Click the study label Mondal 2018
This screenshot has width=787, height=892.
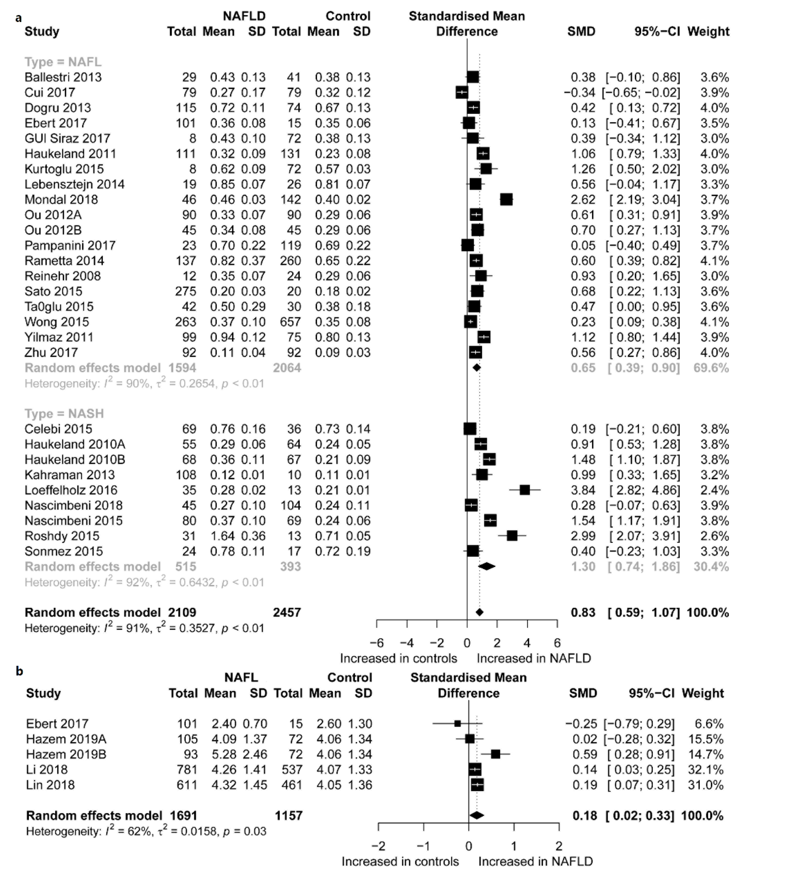pos(61,199)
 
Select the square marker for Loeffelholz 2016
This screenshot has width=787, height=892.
pos(525,490)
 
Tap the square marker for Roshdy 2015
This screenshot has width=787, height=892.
pos(512,536)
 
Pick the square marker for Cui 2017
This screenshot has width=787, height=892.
pos(461,92)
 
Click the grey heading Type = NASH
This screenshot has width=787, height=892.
pos(64,413)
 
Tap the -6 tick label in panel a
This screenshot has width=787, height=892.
pos(377,643)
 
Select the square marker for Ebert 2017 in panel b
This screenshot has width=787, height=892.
pos(457,724)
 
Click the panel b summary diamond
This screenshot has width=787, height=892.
pos(477,815)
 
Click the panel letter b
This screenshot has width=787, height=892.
pos(19,671)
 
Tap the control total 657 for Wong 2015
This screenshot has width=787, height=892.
pos(290,322)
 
